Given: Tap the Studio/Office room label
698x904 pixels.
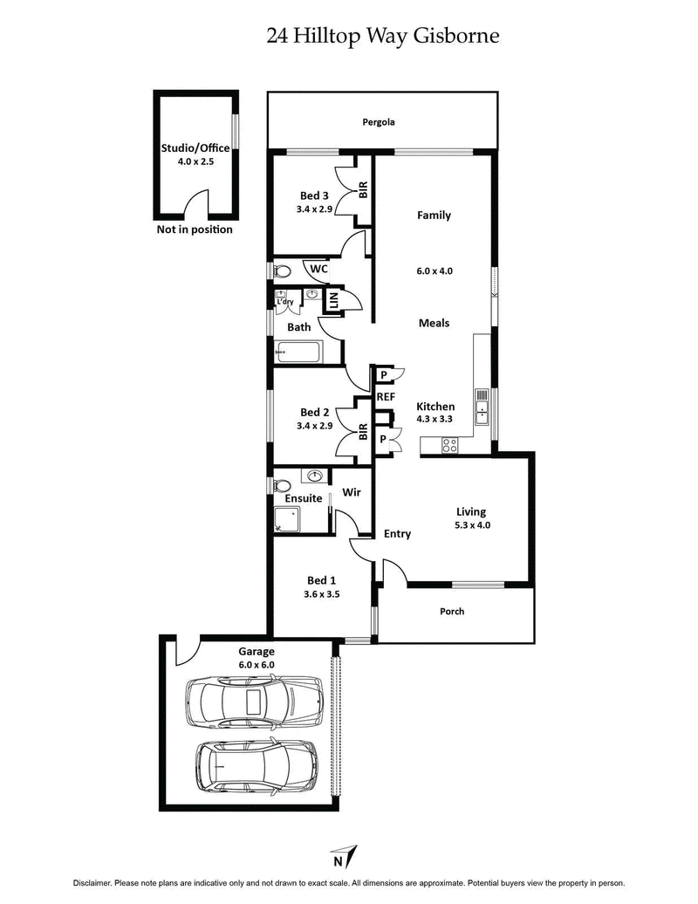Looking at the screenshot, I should tap(195, 148).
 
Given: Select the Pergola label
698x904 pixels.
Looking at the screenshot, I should tap(379, 122).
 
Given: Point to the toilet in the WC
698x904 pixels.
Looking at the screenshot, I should tap(282, 271).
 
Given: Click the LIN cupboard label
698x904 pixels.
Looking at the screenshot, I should tap(332, 301).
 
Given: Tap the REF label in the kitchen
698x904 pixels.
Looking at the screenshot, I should tap(386, 396).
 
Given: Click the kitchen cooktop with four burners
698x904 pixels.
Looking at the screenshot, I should tap(450, 445).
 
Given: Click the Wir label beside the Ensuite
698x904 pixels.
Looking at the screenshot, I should tap(352, 493).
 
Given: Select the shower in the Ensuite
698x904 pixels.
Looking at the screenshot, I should tap(286, 521).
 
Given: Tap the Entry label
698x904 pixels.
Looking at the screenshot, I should tap(397, 534).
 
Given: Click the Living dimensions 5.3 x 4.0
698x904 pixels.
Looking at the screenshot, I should tap(471, 526).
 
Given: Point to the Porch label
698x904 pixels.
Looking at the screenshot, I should tap(452, 611).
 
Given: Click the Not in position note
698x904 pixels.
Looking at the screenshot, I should tap(195, 230).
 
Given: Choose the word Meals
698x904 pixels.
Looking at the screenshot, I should tap(434, 323).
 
